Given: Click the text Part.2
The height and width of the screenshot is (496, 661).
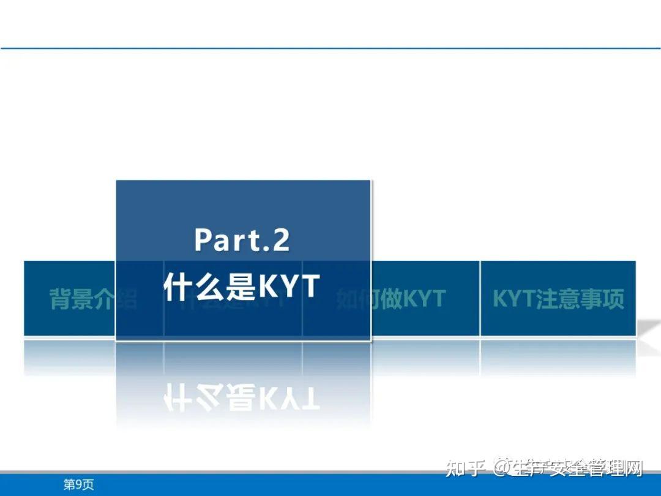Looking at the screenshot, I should (x=242, y=239).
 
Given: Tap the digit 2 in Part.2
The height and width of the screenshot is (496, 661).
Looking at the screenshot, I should (x=279, y=239).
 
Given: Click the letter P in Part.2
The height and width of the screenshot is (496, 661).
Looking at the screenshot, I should (x=204, y=239).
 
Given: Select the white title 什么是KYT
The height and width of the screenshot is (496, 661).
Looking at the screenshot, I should (x=242, y=285).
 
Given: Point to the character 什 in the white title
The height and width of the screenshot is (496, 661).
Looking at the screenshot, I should (x=177, y=286).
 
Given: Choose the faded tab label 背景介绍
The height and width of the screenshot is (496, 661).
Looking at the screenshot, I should (x=93, y=299).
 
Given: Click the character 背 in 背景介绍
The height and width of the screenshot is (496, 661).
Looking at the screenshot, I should (x=61, y=299).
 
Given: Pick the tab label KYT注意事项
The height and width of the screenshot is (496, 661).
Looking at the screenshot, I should (x=558, y=299).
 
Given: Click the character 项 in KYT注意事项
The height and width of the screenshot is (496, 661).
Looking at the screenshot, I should (x=613, y=299).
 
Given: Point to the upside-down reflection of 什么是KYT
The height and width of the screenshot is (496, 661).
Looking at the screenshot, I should (x=242, y=397).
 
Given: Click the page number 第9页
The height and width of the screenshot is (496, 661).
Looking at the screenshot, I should (x=78, y=485).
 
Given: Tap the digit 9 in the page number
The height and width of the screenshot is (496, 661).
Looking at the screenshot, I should (x=78, y=485).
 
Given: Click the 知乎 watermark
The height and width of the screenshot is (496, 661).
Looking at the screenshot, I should (x=465, y=470).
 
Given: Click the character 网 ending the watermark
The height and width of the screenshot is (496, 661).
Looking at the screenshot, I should (x=633, y=470).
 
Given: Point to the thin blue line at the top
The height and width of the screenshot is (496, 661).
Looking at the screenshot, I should (x=330, y=48).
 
